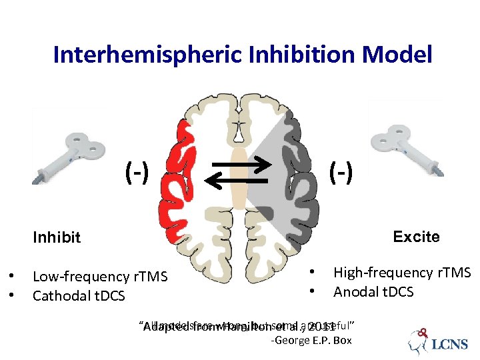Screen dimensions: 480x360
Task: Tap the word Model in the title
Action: coord(401,55)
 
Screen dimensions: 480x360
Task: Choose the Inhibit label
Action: coord(57,237)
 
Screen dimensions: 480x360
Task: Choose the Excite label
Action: coord(416,237)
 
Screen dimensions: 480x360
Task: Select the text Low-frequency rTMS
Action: coord(100,277)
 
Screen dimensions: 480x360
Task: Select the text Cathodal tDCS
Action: coord(79,295)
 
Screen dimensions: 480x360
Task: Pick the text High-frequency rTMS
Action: coord(402,273)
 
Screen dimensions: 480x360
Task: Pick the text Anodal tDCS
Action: coord(373,292)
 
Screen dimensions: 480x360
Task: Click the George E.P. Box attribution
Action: coord(311,341)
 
